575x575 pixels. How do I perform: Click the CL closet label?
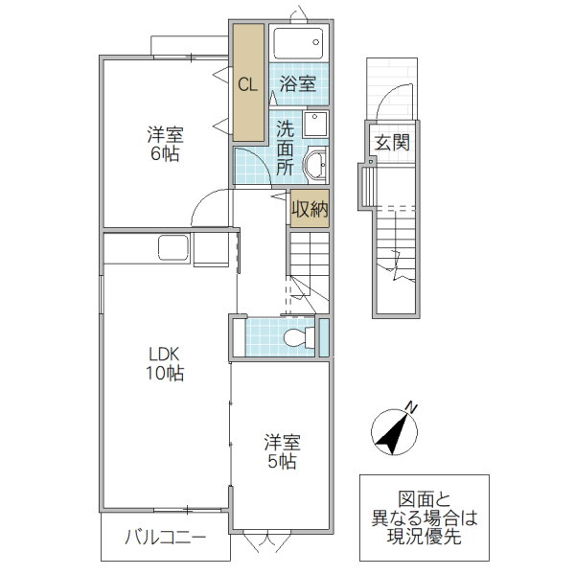[247, 84]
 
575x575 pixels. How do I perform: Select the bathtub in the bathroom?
[298, 44]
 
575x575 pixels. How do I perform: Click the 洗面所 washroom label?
[286, 147]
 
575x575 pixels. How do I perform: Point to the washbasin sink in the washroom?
[315, 166]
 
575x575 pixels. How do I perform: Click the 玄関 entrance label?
[391, 144]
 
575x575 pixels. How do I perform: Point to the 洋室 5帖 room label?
[282, 451]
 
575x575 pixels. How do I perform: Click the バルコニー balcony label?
[165, 540]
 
